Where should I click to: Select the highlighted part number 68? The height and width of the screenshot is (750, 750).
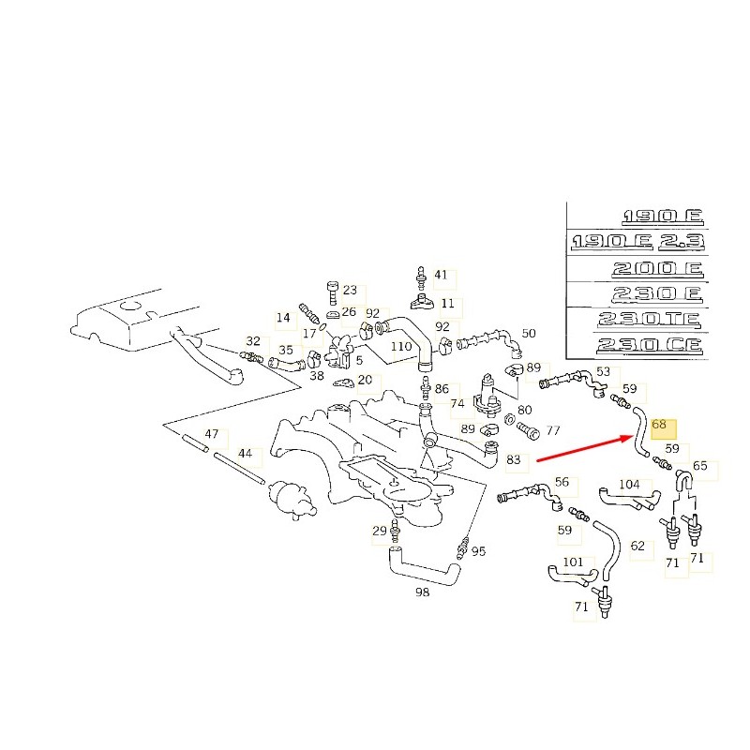pos(660,425)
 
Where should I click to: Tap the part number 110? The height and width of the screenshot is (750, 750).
pos(401,347)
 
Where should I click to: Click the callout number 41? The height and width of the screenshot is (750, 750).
pos(441,276)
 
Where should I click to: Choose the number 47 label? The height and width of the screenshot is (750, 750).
pos(212,434)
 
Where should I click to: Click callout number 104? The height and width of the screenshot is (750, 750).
pos(629,486)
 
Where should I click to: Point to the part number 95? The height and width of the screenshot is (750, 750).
pos(478,551)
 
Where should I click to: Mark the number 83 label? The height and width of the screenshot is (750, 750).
pos(514,460)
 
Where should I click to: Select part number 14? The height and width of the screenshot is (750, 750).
pos(283,318)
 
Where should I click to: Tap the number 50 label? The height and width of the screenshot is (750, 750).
pos(529,333)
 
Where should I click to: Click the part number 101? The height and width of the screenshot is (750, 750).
pos(572,562)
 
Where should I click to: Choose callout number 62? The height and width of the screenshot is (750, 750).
pos(637,545)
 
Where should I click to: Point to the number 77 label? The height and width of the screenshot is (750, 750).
pos(553,431)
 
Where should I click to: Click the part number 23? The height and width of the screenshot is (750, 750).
pos(350,290)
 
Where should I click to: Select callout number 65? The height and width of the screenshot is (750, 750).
pos(700,465)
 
